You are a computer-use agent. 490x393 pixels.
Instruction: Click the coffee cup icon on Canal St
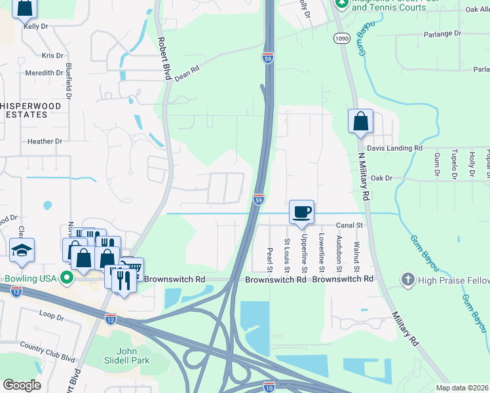click(301, 212)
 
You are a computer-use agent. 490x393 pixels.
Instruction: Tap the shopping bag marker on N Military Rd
click(360, 121)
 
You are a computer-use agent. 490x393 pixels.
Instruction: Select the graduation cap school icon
click(22, 250)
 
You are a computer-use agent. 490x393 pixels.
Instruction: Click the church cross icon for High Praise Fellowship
click(408, 280)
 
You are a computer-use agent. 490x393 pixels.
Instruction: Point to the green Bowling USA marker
click(66, 278)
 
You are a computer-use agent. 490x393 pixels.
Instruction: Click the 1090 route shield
click(339, 39)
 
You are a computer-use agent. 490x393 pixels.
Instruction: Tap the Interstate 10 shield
click(269, 386)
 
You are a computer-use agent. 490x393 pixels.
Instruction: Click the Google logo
click(22, 385)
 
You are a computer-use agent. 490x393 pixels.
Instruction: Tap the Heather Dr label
click(45, 141)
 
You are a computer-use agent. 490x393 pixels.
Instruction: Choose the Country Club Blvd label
click(47, 350)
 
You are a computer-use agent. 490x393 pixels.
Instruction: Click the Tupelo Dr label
click(453, 165)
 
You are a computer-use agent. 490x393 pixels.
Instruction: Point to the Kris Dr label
click(52, 56)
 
